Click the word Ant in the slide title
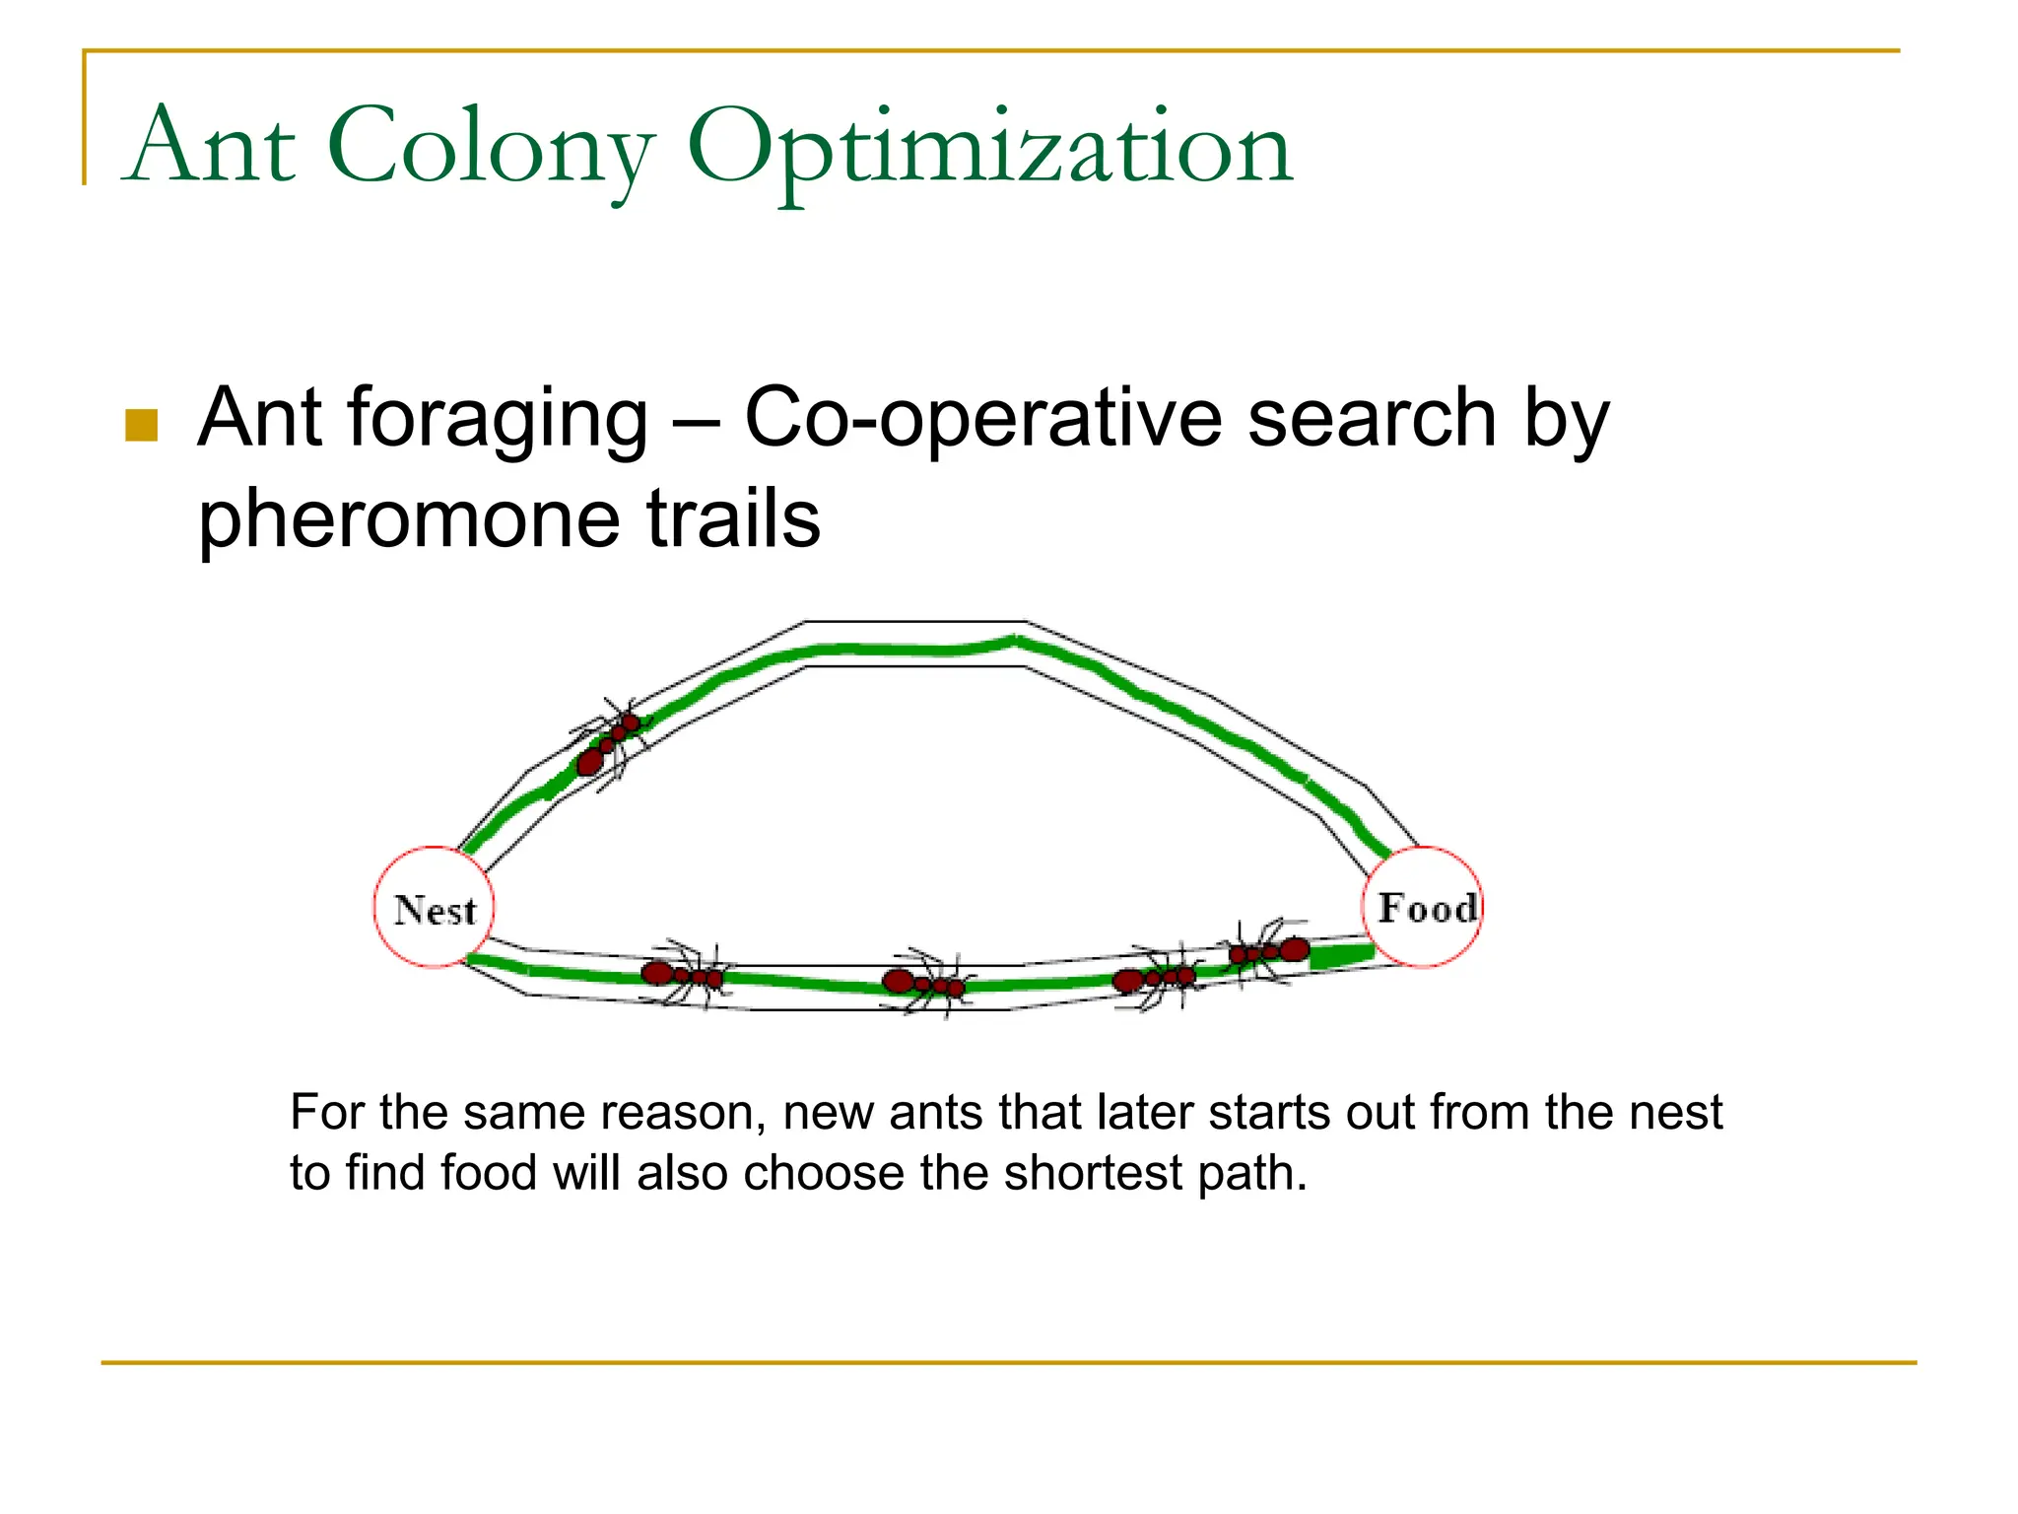click(x=211, y=148)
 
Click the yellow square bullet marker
click(x=142, y=426)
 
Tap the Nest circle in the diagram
click(x=434, y=908)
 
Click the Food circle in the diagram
click(x=1422, y=907)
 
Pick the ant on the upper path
click(x=609, y=741)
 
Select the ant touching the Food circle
click(x=1269, y=952)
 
